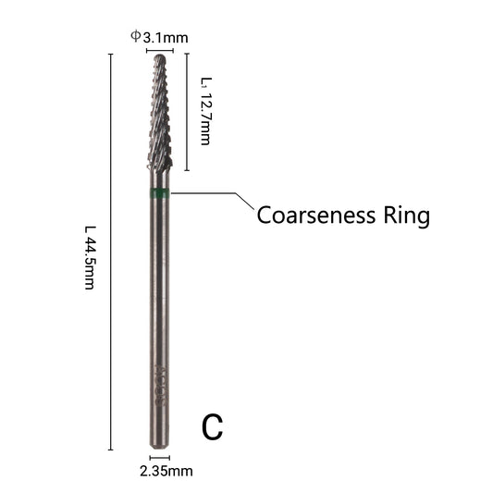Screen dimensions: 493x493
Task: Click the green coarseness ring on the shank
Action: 159,193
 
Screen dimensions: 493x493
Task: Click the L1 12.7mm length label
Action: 206,111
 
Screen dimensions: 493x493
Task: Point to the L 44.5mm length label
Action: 90,257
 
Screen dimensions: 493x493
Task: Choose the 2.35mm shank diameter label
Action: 166,471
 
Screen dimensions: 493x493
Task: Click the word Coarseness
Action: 316,216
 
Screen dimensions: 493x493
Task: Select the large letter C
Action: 212,427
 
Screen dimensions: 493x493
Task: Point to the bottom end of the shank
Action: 159,447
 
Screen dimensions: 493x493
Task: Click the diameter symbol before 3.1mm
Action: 136,36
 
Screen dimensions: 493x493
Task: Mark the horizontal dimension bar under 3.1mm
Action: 160,50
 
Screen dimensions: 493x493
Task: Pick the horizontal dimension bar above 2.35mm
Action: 159,458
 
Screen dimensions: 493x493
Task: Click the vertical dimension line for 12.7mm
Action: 187,112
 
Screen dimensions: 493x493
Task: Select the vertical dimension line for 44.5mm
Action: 111,252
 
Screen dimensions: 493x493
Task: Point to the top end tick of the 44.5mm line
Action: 111,54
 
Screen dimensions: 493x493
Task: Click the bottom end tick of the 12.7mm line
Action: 187,171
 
